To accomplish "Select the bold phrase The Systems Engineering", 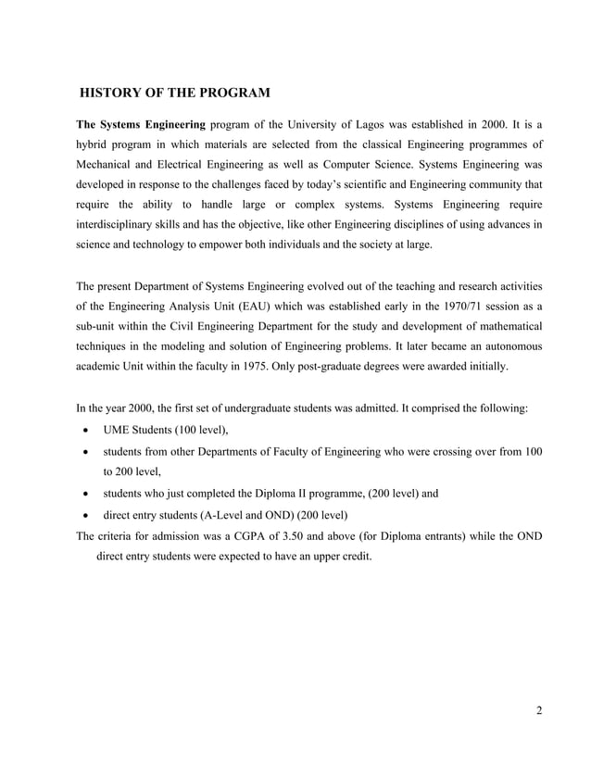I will pyautogui.click(x=140, y=124).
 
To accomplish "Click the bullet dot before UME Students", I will pyautogui.click(x=86, y=431).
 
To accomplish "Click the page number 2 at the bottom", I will pyautogui.click(x=538, y=710).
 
